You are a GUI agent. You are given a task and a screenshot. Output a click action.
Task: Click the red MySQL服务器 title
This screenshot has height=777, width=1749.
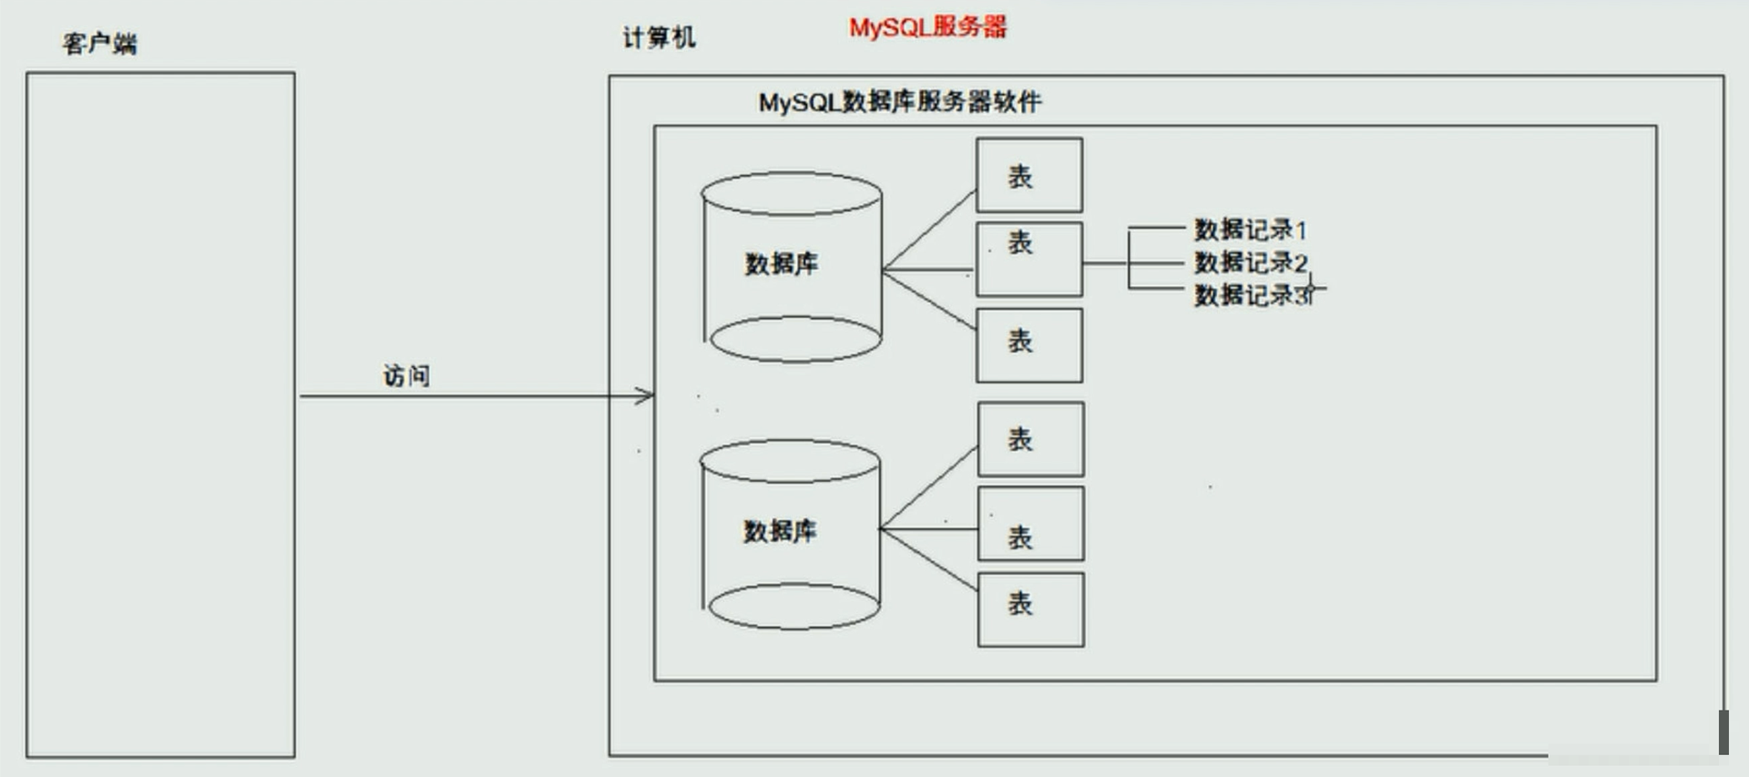[928, 27]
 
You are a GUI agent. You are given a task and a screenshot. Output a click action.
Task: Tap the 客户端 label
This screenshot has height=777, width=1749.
[100, 43]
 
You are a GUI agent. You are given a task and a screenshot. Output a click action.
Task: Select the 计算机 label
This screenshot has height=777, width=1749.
[659, 37]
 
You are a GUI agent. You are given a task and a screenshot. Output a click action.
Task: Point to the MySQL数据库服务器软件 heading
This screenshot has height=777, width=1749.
[900, 101]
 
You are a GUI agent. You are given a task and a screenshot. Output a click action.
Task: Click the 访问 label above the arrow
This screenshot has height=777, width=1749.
[406, 375]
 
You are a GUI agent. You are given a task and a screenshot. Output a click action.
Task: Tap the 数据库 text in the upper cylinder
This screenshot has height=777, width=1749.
[782, 263]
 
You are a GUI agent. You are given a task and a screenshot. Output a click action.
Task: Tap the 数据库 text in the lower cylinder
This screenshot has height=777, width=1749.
[780, 530]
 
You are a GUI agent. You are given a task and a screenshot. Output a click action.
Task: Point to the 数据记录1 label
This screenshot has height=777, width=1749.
[1251, 230]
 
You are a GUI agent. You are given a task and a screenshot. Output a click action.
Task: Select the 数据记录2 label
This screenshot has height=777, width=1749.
[1251, 262]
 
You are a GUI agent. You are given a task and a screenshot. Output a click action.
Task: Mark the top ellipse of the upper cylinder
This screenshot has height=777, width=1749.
[792, 173]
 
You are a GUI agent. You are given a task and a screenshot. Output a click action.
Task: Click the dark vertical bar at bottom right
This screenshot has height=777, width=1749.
[1723, 732]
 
